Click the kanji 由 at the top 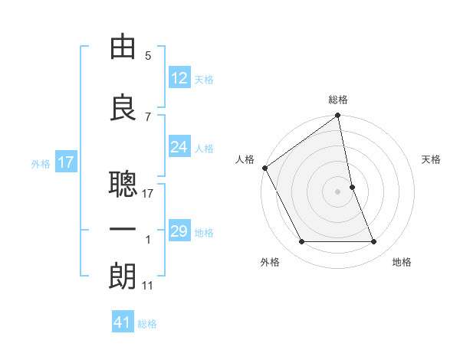(x=123, y=47)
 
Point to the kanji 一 (x=123, y=231)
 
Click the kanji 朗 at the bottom (x=123, y=277)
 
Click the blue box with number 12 (x=179, y=78)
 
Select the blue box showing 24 (x=179, y=147)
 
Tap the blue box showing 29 (x=179, y=231)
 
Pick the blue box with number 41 (x=123, y=322)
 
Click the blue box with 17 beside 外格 (x=66, y=162)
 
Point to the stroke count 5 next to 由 (x=148, y=56)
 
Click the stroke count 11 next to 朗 (x=148, y=286)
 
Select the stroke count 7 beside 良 (x=148, y=117)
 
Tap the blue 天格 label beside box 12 (x=204, y=80)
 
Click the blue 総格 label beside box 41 (x=147, y=324)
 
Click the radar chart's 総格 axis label (x=338, y=100)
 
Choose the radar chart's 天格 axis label (x=431, y=159)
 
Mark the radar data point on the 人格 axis (x=264, y=168)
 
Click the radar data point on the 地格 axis (x=374, y=242)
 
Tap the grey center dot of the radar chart (x=338, y=191)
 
